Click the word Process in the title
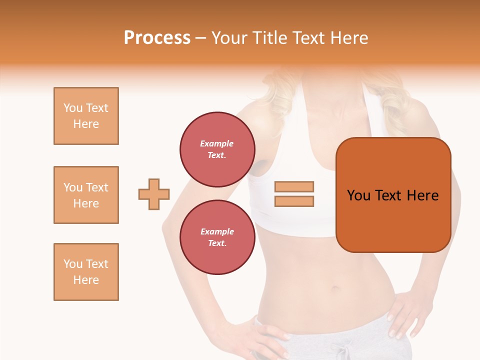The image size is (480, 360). [157, 38]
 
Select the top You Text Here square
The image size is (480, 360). [86, 116]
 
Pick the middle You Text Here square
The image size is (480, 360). [86, 195]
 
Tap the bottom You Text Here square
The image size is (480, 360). [86, 272]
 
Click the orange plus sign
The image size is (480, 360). [154, 194]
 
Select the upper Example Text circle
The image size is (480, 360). [217, 149]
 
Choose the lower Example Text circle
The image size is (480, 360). [217, 237]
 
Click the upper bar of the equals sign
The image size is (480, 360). [294, 186]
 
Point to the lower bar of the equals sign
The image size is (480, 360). [294, 201]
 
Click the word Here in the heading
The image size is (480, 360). [350, 38]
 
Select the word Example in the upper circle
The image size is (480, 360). [216, 143]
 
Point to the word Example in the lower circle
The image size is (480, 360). [217, 231]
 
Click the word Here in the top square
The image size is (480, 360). [86, 124]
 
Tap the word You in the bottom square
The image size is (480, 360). [72, 264]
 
